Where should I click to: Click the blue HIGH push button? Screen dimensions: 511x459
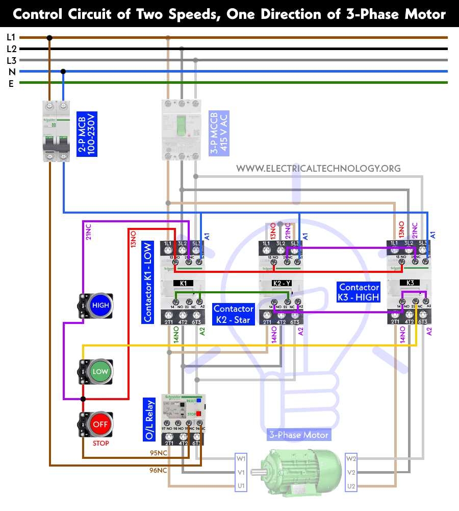[x=100, y=306]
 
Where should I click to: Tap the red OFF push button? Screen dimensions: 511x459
[x=100, y=424]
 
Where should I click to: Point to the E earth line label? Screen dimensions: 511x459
[x=11, y=83]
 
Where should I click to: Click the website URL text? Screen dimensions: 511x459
[x=318, y=168]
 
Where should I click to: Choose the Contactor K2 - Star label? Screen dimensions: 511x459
[x=233, y=314]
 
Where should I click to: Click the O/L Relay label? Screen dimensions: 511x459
[x=149, y=420]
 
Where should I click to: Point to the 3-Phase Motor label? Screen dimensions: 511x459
[x=299, y=435]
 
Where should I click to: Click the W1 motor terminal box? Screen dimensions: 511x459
[x=241, y=458]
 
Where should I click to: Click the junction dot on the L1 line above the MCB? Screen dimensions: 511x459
[x=49, y=37]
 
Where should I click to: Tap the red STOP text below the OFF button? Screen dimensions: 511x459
[x=100, y=444]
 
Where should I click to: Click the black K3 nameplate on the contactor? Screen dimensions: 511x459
[x=410, y=283]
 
